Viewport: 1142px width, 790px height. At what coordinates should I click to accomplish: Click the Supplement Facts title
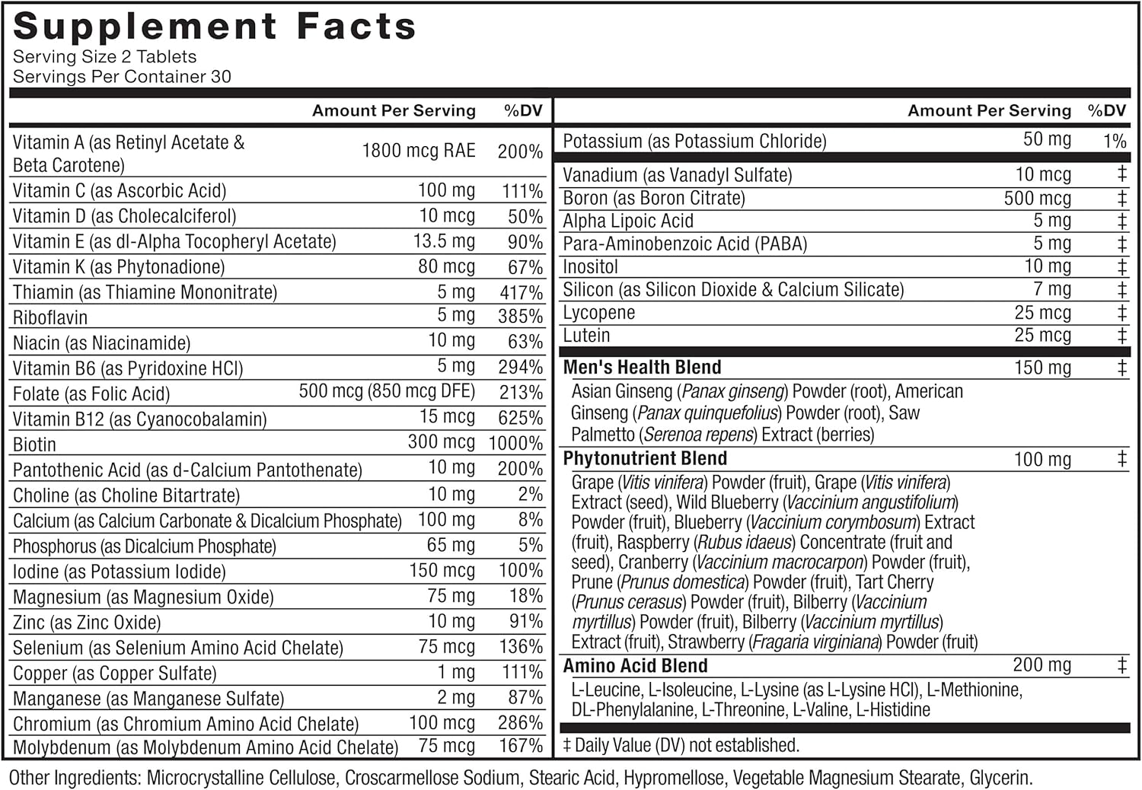click(x=215, y=27)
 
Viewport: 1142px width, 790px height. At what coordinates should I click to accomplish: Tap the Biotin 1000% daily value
click(x=515, y=443)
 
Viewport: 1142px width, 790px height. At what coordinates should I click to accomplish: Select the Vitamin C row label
click(x=120, y=190)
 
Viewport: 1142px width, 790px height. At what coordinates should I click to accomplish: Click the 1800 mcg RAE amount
click(x=418, y=151)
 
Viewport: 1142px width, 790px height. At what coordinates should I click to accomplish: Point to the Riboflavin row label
click(x=50, y=317)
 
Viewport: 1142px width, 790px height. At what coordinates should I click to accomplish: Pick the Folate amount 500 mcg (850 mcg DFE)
click(x=387, y=391)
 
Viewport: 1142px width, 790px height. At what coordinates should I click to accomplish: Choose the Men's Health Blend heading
click(x=642, y=368)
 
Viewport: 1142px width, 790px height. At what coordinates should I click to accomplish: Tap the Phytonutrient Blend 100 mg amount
click(x=1042, y=459)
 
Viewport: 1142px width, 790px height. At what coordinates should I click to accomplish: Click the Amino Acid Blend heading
click(x=635, y=666)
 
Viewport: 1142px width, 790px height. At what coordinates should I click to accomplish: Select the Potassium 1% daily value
click(x=1115, y=141)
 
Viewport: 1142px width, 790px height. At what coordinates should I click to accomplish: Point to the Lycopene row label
click(x=598, y=313)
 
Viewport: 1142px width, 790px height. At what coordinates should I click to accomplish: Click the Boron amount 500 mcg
click(x=1037, y=198)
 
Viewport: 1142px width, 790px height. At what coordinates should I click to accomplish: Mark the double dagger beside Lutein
click(x=1121, y=336)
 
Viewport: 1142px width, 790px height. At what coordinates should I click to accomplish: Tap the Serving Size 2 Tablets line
click(x=104, y=57)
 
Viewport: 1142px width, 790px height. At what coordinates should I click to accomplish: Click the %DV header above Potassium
click(x=1106, y=111)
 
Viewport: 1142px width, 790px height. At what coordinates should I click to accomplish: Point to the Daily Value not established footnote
click(x=681, y=745)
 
